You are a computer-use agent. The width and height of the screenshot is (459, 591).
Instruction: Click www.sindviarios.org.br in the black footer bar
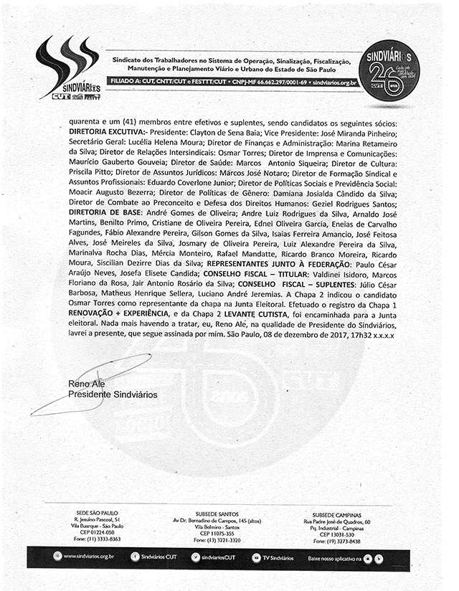tap(89, 557)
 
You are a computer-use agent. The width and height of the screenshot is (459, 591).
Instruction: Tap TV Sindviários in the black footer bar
tap(277, 557)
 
